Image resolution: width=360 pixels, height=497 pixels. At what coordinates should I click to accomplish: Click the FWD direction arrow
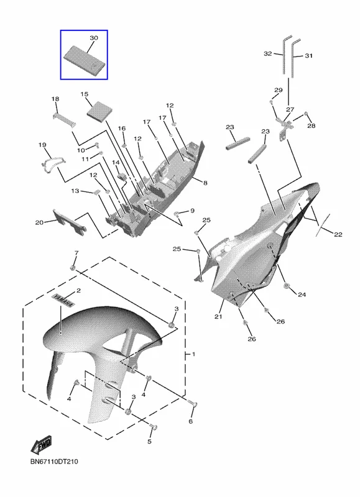tap(41, 445)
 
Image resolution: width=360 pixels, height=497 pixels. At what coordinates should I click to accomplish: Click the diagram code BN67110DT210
tap(54, 462)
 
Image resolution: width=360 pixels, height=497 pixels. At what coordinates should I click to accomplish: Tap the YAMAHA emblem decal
tap(63, 301)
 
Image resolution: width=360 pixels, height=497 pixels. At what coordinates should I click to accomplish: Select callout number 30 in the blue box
tap(93, 38)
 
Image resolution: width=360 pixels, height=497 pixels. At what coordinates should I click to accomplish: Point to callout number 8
tap(205, 183)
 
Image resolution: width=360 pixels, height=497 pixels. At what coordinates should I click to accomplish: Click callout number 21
tap(218, 316)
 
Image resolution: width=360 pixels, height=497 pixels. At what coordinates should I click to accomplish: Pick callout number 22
tap(338, 235)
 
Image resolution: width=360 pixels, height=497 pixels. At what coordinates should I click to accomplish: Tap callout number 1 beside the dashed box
tap(193, 353)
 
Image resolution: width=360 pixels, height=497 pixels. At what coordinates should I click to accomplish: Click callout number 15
tap(84, 94)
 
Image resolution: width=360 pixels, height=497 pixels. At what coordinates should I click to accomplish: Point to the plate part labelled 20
tap(70, 222)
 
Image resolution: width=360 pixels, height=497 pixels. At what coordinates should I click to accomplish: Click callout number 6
tap(191, 421)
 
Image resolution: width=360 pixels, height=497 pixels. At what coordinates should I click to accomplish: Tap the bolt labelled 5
tap(154, 427)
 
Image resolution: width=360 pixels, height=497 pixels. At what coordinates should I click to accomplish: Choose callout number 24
tap(302, 294)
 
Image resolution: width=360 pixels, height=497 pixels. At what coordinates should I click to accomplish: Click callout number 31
tap(308, 56)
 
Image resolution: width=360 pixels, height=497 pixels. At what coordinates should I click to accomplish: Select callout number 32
tap(268, 53)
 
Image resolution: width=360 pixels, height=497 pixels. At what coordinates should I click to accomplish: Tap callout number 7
tap(76, 253)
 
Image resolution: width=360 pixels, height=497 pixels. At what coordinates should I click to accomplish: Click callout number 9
tap(192, 211)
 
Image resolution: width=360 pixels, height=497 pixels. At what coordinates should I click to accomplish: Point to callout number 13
tap(75, 191)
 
